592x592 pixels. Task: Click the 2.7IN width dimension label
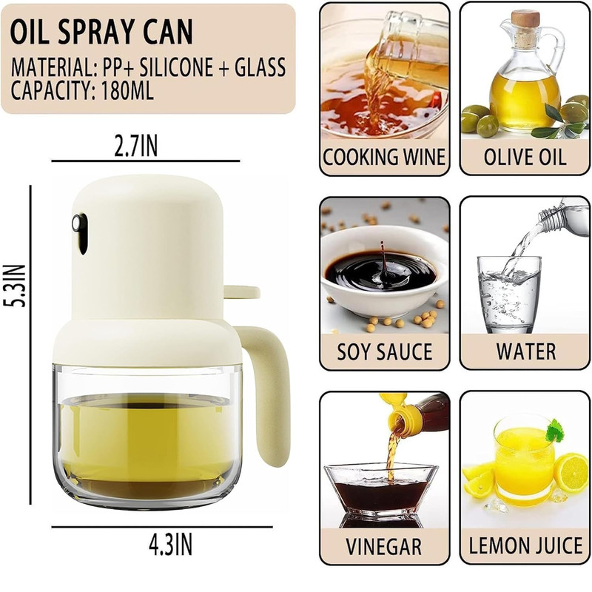coord(136,146)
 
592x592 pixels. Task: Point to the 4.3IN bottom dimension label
coord(171,545)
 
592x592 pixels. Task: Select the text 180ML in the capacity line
coord(127,90)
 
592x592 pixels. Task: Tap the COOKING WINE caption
coord(384,157)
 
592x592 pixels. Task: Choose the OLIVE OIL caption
coord(525,157)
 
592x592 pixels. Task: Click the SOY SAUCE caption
coord(384,352)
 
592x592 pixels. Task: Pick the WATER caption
coord(526,351)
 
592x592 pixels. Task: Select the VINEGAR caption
coord(383,547)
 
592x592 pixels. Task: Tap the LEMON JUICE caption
coord(525,546)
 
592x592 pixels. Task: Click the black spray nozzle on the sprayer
coord(80,232)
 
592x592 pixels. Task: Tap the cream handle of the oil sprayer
coord(267,393)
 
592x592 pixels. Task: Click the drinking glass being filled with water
coord(509,295)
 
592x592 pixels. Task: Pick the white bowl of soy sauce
coord(384,272)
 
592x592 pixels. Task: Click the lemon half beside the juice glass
coord(571,473)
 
